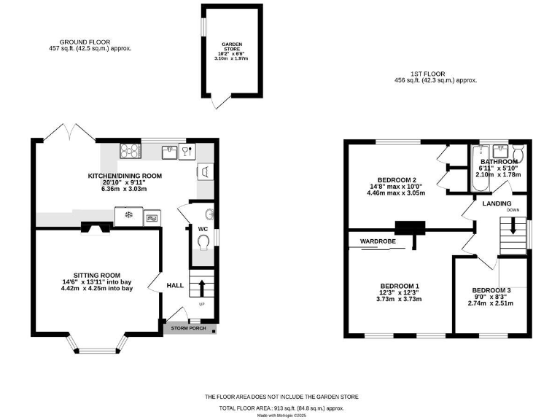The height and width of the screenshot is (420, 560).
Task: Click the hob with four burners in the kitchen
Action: tap(131, 151)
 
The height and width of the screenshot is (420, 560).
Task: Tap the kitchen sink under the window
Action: tap(170, 151)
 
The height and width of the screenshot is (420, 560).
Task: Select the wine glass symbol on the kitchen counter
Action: tap(188, 151)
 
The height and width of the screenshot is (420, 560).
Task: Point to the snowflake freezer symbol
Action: tap(130, 215)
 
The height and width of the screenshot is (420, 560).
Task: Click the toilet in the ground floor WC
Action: tap(203, 241)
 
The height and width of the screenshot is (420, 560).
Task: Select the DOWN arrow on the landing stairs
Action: tap(513, 226)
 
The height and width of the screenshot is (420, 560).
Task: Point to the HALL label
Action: tap(176, 285)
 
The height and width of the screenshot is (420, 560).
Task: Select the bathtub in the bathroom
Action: tap(479, 168)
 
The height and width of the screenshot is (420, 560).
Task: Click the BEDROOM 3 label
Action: tap(491, 290)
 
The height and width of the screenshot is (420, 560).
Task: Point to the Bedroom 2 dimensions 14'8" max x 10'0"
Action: tap(397, 187)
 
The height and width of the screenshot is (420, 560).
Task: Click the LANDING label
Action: tap(497, 203)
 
